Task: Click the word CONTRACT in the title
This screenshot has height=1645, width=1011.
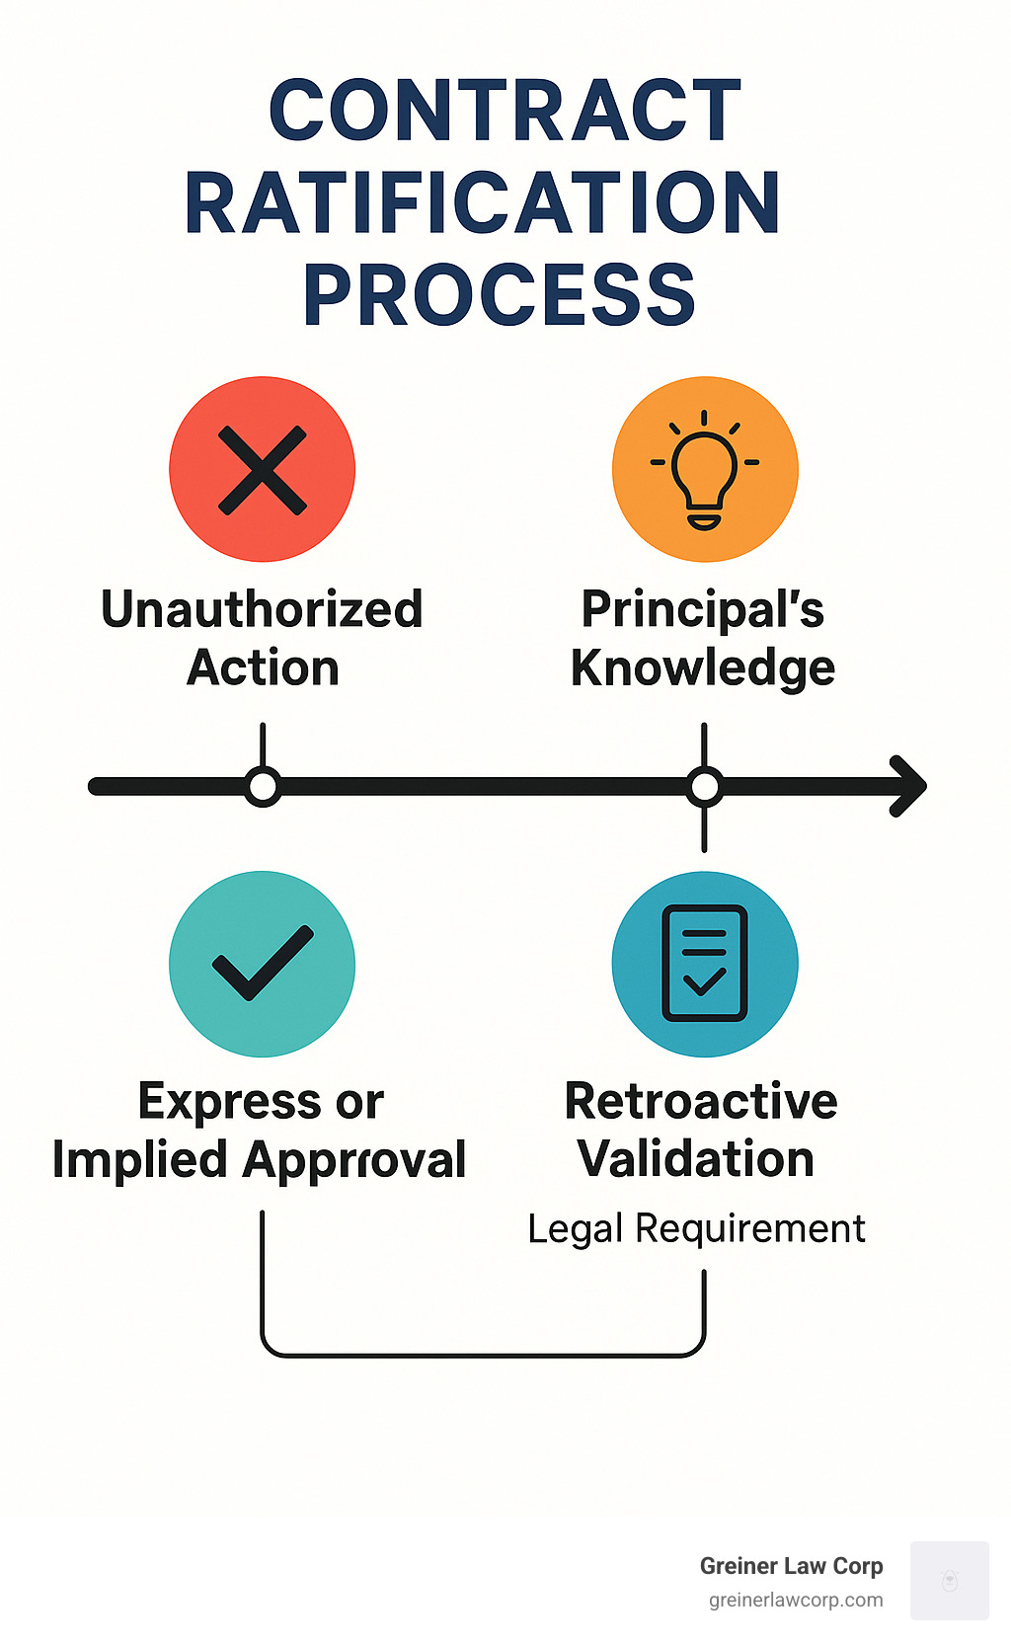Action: click(x=505, y=111)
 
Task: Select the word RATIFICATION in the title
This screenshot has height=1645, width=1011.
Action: click(x=483, y=202)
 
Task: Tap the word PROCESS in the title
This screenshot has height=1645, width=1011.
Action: click(x=500, y=294)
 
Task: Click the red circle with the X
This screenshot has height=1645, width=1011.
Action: click(x=262, y=469)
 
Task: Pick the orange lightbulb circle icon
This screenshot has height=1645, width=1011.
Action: click(x=705, y=469)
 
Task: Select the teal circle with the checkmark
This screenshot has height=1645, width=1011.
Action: click(x=262, y=964)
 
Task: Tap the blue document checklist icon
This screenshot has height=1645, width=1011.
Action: click(x=705, y=964)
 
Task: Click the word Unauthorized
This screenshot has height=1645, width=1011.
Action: click(x=262, y=608)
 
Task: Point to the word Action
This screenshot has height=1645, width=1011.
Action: click(x=263, y=667)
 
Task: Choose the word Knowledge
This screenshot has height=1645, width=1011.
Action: click(x=703, y=668)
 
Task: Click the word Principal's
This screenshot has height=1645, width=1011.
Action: click(x=703, y=608)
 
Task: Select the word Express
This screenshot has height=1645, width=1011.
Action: click(x=229, y=1102)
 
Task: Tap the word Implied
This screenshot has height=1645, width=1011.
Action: click(x=139, y=1160)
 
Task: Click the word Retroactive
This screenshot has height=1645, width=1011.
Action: click(x=701, y=1101)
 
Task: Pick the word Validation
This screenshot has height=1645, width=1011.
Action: click(x=696, y=1159)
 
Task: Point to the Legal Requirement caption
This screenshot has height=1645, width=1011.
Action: click(x=696, y=1229)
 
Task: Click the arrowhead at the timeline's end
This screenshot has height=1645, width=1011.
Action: click(x=909, y=786)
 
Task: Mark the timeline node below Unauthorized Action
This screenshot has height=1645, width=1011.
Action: click(x=263, y=787)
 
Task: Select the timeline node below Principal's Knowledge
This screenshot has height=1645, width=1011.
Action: click(x=704, y=787)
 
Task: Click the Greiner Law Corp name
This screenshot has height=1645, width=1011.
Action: click(x=791, y=1566)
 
